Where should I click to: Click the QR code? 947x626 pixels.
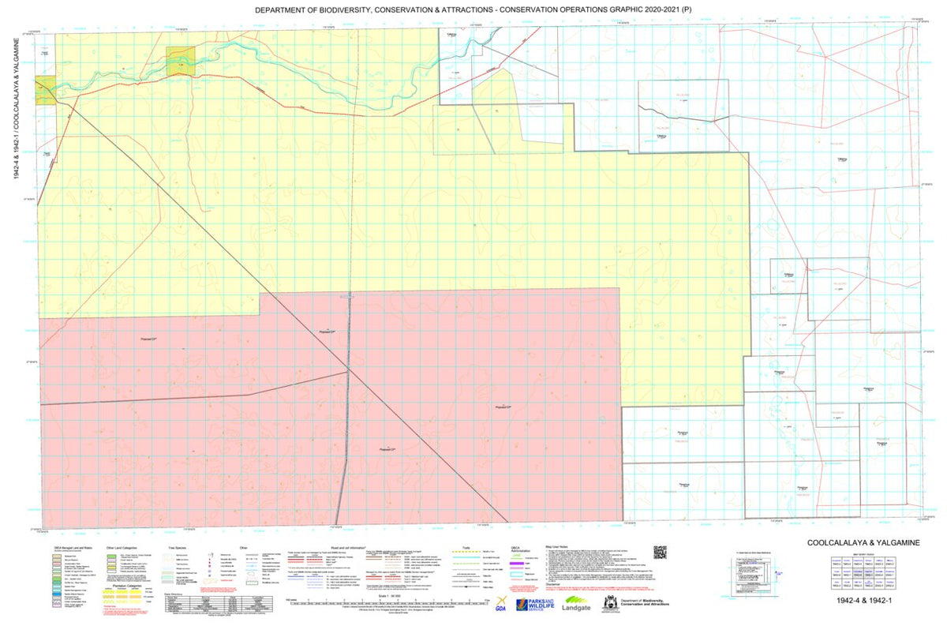coord(660,553)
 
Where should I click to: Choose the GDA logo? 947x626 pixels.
coord(500,605)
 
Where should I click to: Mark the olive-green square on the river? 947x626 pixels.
coord(180,61)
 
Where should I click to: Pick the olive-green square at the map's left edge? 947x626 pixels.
coord(46,90)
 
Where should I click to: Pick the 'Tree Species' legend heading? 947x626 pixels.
coord(174,545)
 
